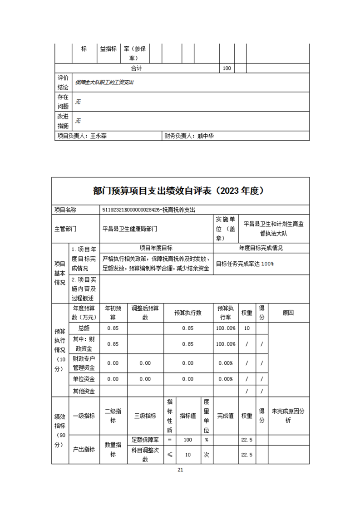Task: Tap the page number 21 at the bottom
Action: [x=180, y=470]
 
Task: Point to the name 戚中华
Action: [x=205, y=135]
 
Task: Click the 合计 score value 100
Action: [x=227, y=68]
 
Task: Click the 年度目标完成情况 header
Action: [x=261, y=248]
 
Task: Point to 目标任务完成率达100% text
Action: [x=245, y=264]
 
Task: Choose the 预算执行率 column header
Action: [x=226, y=313]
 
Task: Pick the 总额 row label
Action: [x=84, y=328]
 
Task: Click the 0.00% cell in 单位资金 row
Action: [x=226, y=379]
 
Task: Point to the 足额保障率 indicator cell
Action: [x=145, y=440]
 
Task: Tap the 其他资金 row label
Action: [x=84, y=391]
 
